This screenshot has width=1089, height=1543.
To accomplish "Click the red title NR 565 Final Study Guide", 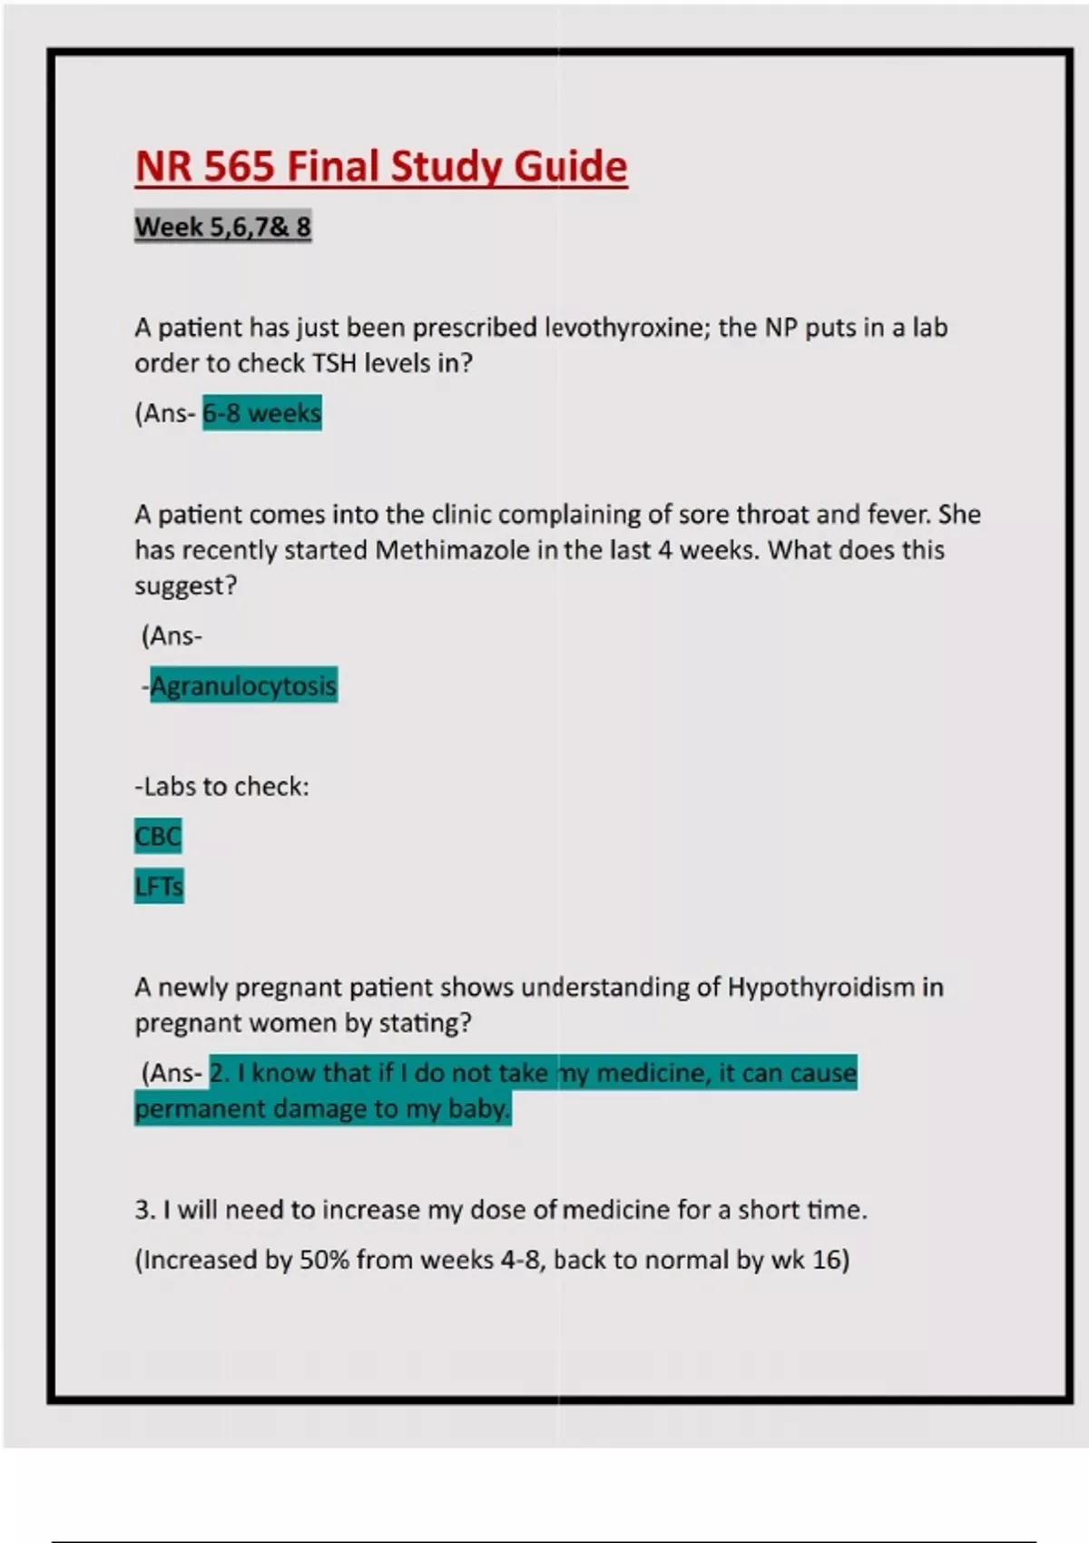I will click(381, 167).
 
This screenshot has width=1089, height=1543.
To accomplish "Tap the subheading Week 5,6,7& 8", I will click(223, 226).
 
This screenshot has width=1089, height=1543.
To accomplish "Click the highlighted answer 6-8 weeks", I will click(261, 413).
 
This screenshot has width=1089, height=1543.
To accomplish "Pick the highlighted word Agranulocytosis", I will click(243, 685).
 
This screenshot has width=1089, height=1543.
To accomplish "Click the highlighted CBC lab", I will click(158, 836).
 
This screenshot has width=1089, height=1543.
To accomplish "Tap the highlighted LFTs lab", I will click(159, 886).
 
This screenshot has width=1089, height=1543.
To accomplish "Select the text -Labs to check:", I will click(221, 786).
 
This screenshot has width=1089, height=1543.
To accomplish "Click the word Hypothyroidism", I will click(821, 987).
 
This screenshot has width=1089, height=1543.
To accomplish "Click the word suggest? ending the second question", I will click(185, 586).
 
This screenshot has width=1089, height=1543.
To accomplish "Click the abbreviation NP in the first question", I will click(780, 327).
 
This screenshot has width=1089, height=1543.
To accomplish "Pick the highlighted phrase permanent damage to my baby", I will click(322, 1108).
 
